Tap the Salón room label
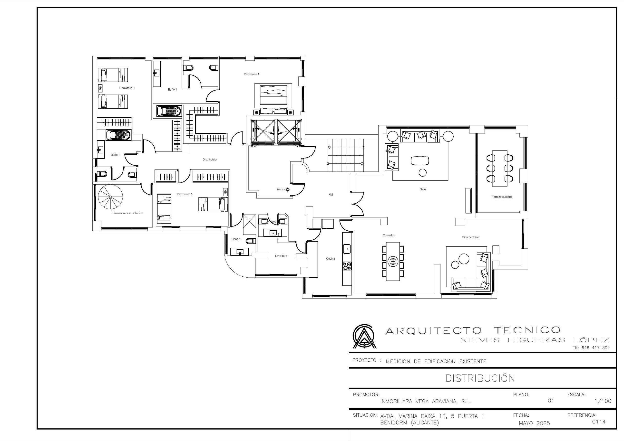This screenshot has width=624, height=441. point(423,189)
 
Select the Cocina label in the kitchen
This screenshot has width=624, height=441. point(331,259)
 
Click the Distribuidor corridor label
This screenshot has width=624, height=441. point(210,160)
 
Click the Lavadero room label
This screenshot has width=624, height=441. point(281,256)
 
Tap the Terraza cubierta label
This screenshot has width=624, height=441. point(502,197)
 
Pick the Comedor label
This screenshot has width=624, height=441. point(389,235)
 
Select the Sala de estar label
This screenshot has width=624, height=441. point(470,237)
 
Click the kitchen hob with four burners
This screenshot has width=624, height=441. point(347,266)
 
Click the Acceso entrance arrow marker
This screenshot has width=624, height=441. point(288,189)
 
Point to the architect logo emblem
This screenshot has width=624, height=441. point(364,336)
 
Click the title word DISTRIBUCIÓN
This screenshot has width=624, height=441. point(480,378)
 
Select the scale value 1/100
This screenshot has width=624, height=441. point(603,401)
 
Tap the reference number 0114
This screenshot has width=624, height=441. point(599,422)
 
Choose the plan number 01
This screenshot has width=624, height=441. point(551,401)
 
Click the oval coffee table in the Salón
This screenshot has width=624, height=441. point(420,161)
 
